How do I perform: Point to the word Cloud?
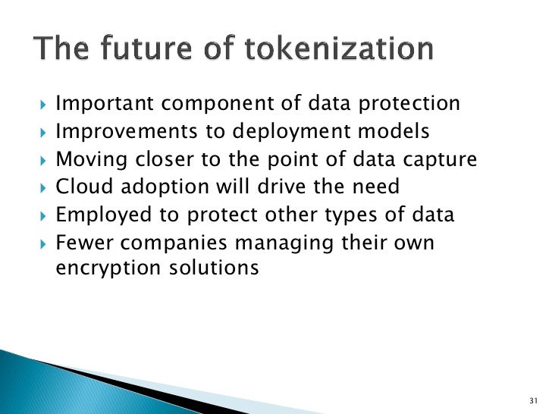[81, 187]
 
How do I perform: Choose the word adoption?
[155, 187]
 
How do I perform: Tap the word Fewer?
[83, 242]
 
